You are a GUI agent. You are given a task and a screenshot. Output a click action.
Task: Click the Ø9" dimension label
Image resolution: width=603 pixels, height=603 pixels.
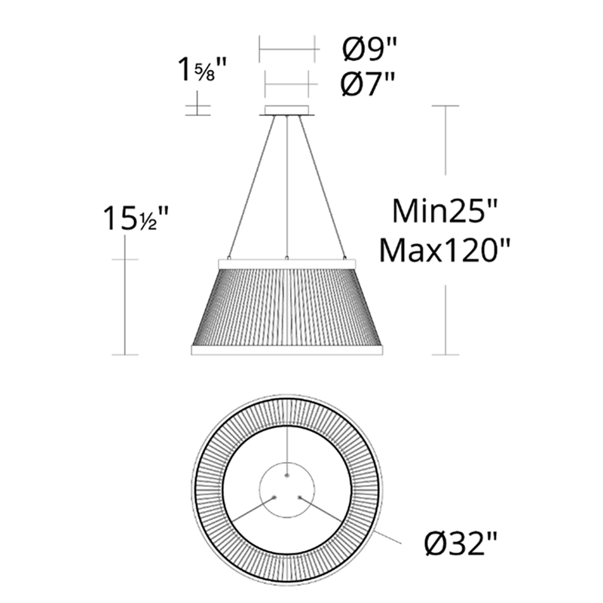(369, 51)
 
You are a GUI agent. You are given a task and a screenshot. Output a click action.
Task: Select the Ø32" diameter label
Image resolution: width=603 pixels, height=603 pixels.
(460, 541)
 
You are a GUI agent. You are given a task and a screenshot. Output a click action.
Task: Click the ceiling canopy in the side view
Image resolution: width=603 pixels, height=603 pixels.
(287, 112)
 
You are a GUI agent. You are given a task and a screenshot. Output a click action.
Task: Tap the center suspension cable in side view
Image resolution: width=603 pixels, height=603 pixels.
(287, 188)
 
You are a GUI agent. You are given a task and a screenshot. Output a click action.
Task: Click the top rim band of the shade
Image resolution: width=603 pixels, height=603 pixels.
(287, 262)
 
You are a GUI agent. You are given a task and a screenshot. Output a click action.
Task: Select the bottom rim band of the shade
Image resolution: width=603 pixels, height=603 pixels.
(287, 350)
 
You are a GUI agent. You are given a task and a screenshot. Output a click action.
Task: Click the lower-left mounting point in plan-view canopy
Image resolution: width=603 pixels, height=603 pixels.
(276, 497)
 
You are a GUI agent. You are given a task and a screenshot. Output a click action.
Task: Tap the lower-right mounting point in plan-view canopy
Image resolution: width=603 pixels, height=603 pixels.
(299, 497)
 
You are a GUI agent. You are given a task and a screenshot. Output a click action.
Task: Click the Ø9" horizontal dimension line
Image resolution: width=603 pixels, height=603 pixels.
(287, 51)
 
